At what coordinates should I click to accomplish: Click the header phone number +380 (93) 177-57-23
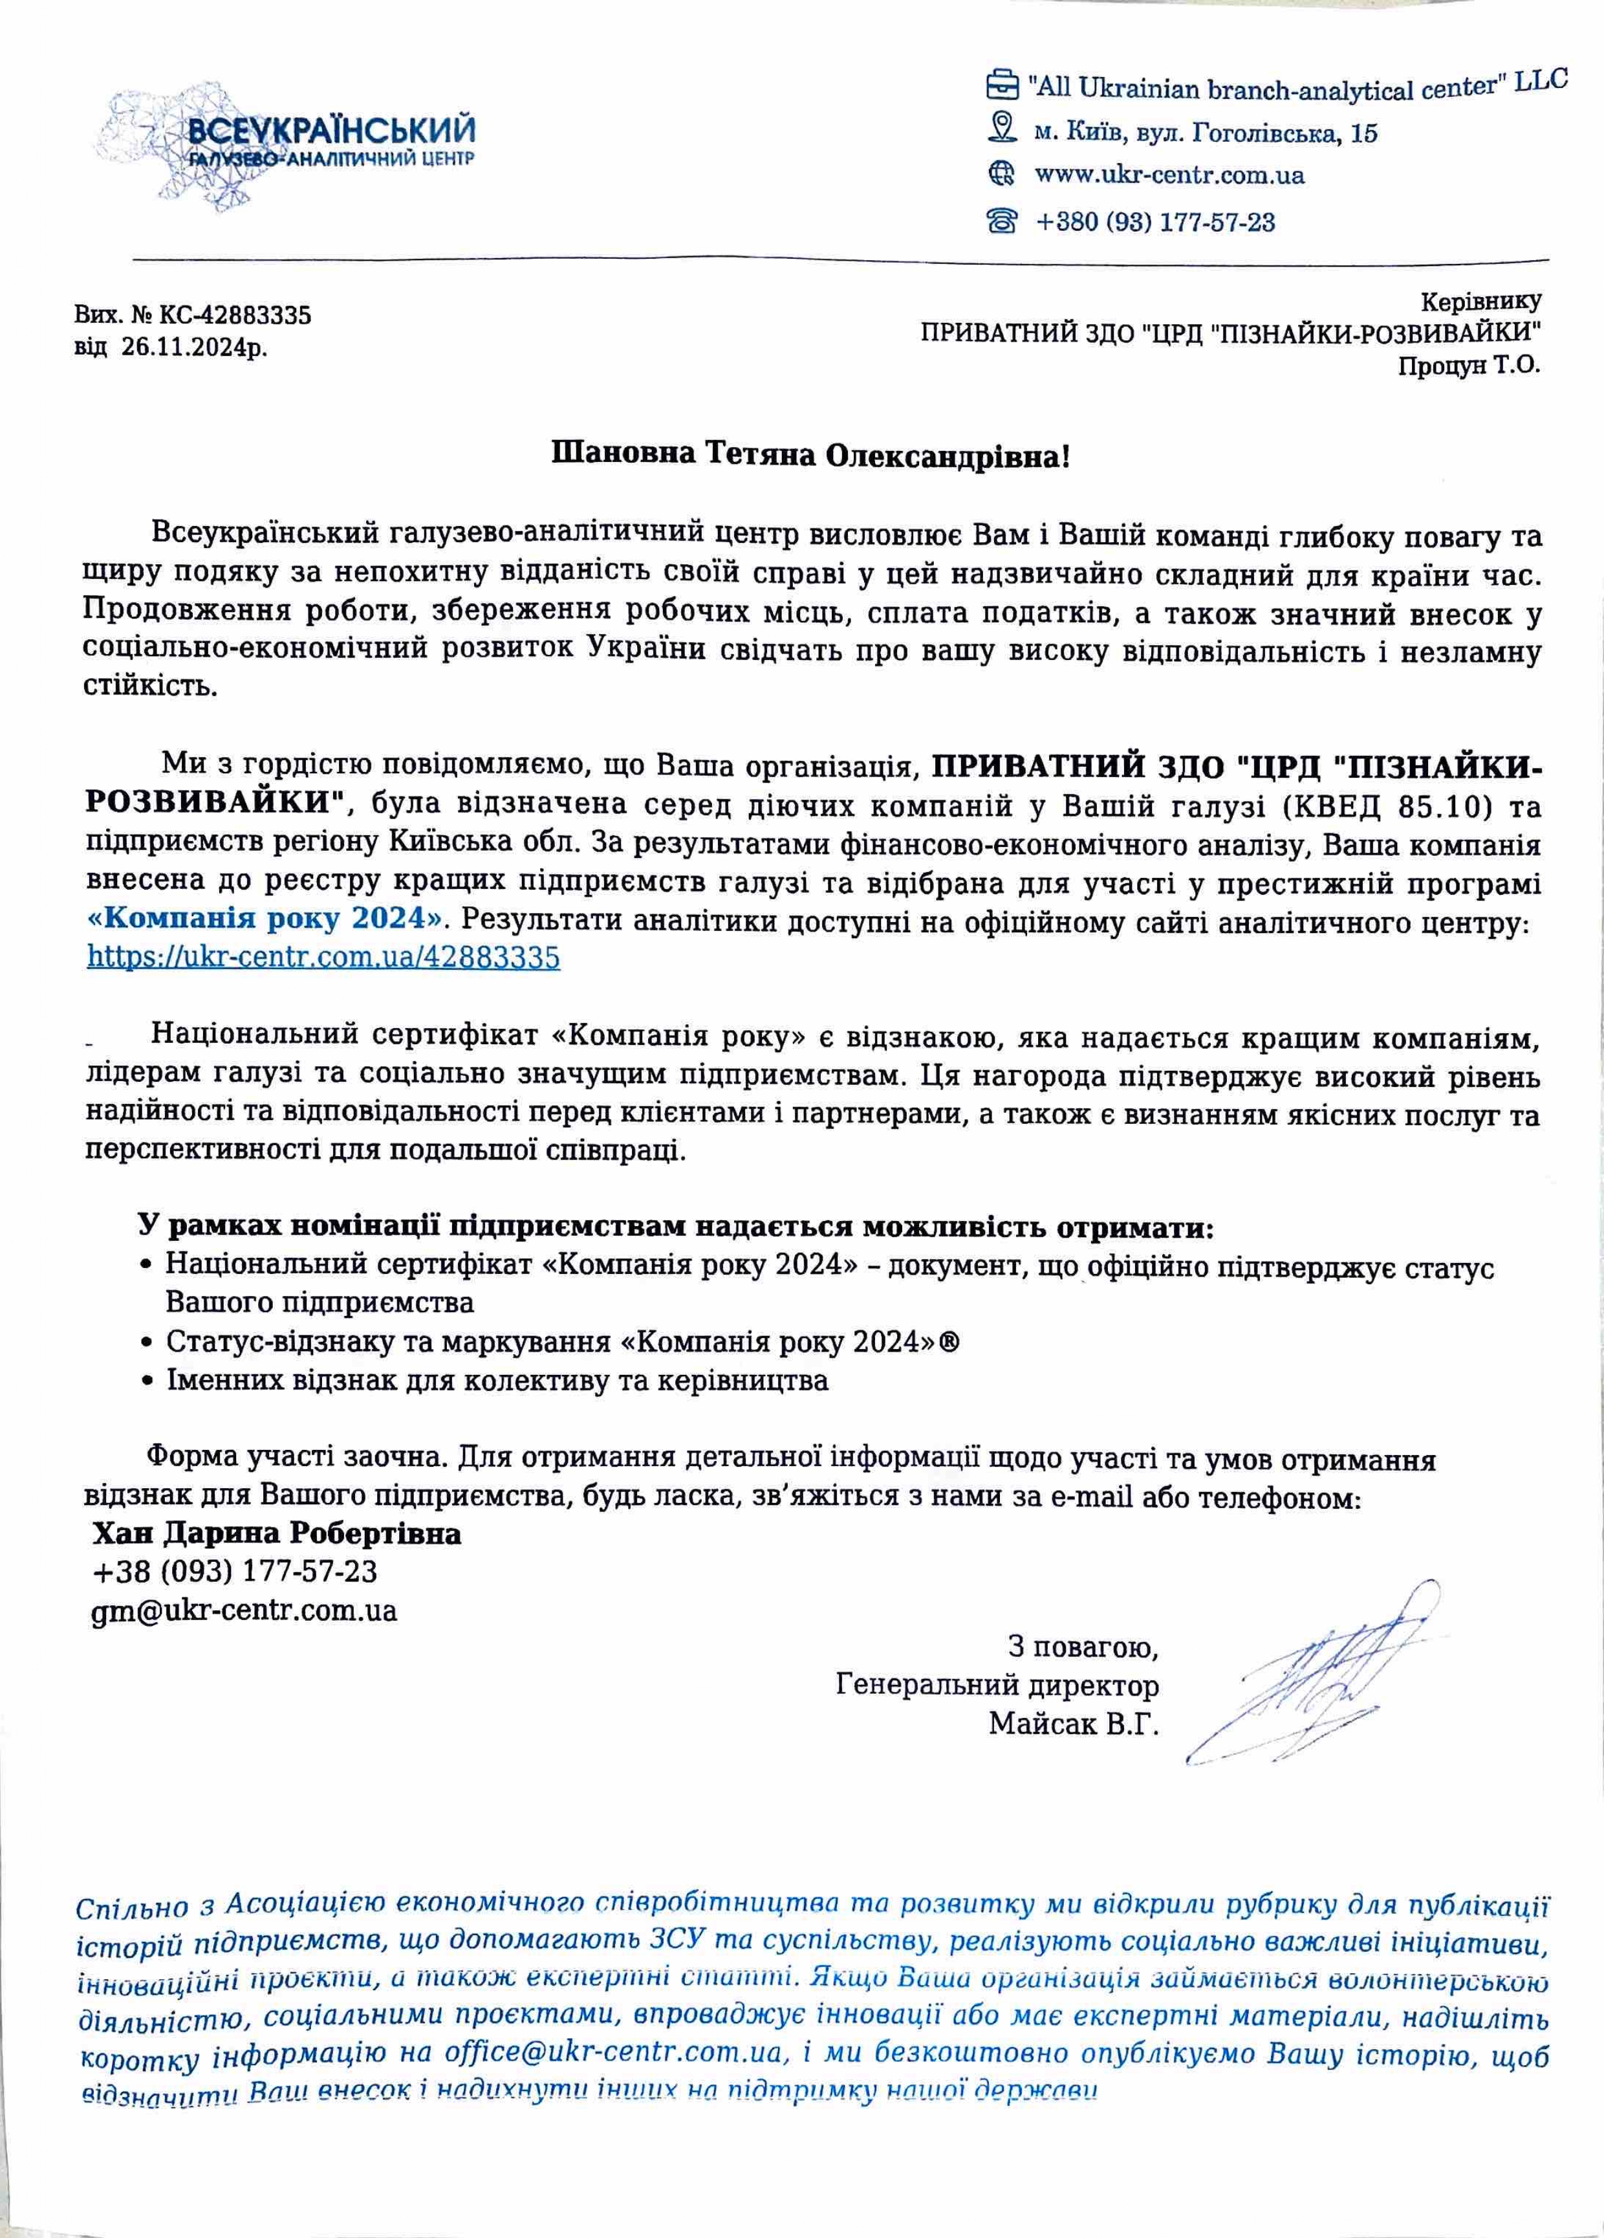click(1154, 222)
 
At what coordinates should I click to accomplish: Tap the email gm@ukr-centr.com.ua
click(244, 1610)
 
